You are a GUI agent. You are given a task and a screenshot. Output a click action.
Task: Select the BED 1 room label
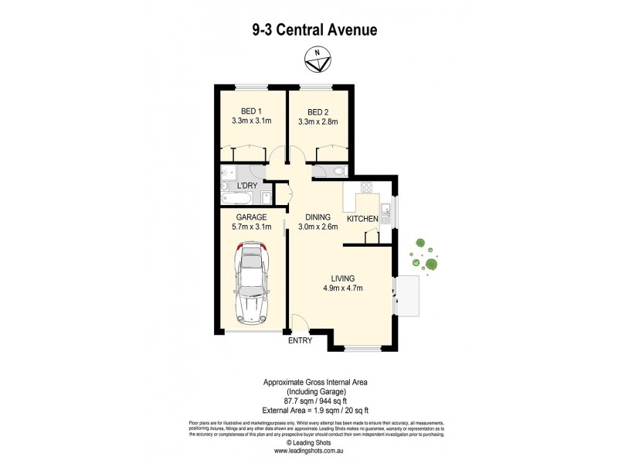[x=251, y=111]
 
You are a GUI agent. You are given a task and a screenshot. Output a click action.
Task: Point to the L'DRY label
[x=246, y=186]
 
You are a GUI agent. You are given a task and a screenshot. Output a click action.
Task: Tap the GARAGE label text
[x=251, y=217]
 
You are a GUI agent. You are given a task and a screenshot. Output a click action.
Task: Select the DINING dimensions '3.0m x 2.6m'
[x=317, y=227]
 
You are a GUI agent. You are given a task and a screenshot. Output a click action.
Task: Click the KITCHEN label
[x=362, y=220]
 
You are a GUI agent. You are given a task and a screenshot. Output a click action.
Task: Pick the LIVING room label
[x=342, y=278]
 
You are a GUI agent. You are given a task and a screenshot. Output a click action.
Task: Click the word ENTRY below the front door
[x=301, y=340]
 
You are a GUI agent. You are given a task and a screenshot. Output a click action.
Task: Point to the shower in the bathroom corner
[x=229, y=172]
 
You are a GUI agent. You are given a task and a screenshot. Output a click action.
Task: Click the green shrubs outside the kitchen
[x=424, y=254]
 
